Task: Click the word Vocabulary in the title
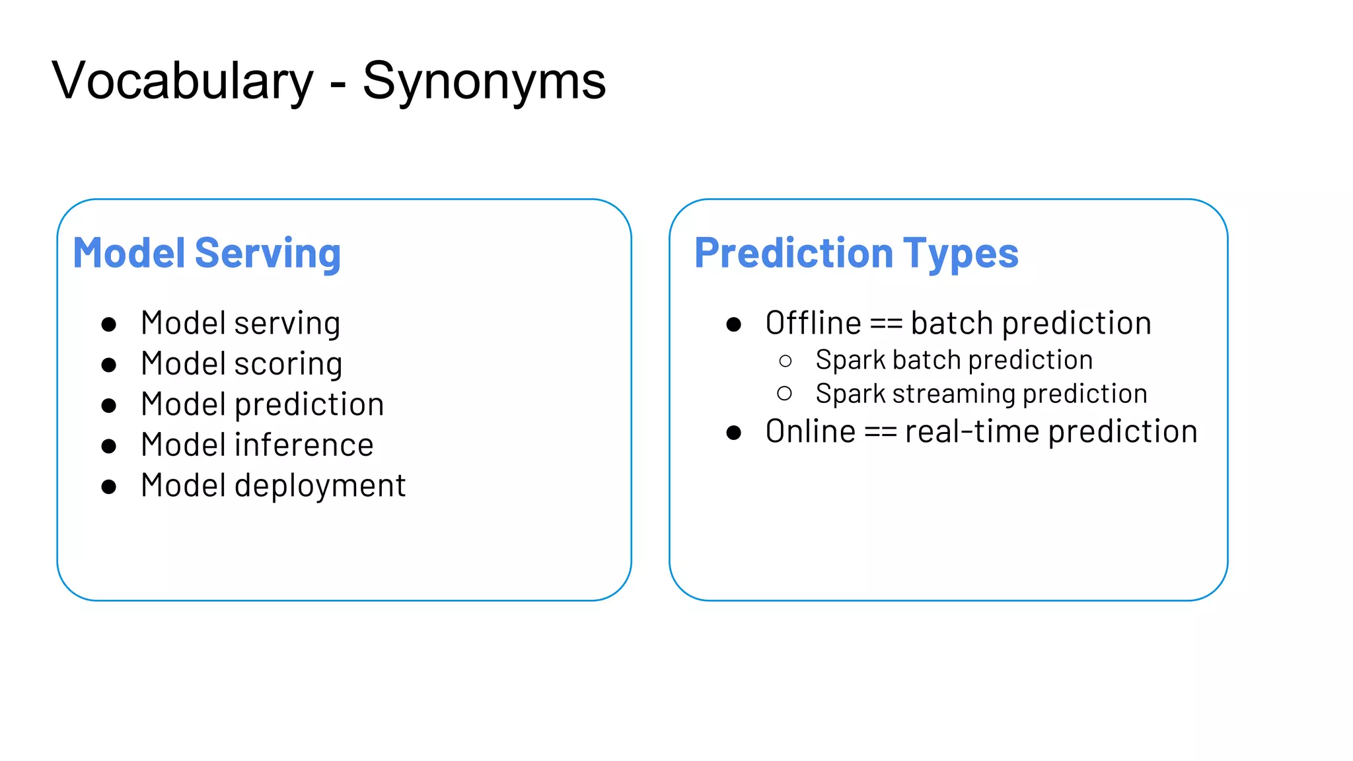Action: (182, 81)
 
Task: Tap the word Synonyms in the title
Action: (484, 81)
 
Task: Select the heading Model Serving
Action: (207, 253)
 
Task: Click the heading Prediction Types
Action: (856, 253)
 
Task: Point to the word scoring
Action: (288, 364)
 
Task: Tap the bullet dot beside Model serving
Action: (109, 324)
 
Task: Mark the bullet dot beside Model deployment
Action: (109, 487)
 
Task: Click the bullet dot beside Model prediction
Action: (109, 406)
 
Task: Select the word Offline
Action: (813, 323)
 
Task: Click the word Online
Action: (811, 431)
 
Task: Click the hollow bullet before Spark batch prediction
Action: (785, 361)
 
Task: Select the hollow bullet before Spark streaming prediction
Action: (785, 394)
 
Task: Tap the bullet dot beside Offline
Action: (733, 324)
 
